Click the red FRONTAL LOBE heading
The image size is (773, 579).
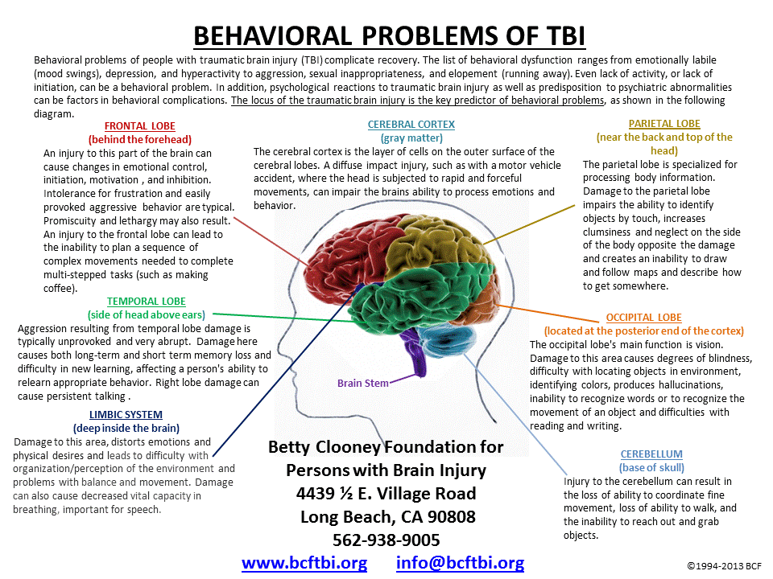[140, 125]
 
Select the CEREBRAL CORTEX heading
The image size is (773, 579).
[411, 125]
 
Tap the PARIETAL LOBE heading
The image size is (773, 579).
[664, 124]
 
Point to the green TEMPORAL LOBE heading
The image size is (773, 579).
[146, 301]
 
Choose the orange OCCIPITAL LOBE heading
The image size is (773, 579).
[643, 318]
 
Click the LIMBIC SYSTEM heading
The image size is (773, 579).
[126, 414]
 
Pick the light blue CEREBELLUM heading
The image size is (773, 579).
[652, 454]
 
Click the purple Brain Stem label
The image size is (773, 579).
[362, 383]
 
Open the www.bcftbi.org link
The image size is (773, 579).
[304, 563]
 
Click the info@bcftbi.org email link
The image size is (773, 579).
[460, 563]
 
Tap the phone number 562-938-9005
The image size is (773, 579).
[386, 540]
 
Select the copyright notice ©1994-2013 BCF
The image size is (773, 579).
[724, 566]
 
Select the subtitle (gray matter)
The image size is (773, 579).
[411, 138]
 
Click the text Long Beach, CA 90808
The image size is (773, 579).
[387, 516]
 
